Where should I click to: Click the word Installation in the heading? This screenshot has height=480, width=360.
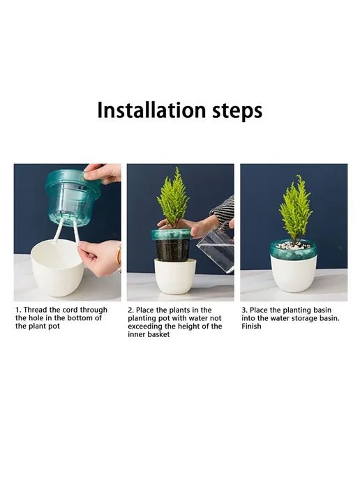click(151, 110)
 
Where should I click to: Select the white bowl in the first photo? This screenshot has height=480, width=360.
click(57, 267)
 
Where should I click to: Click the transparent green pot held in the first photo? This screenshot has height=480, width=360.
click(74, 197)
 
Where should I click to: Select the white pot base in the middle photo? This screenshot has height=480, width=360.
click(175, 276)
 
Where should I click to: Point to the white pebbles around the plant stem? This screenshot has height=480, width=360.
click(293, 245)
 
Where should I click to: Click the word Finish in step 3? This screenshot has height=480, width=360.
click(251, 326)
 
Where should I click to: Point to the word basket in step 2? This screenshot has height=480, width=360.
click(158, 334)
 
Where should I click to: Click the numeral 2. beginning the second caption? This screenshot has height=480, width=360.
click(130, 310)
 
